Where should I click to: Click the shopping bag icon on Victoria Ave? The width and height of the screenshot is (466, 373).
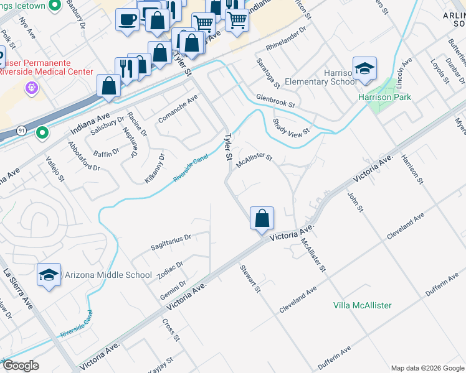point(262,218)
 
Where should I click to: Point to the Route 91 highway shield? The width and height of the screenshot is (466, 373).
point(22,131)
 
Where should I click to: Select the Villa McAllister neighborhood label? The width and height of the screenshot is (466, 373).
point(362,305)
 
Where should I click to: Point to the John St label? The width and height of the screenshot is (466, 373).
point(355,201)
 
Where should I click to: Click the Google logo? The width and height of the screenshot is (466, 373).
point(21,366)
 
